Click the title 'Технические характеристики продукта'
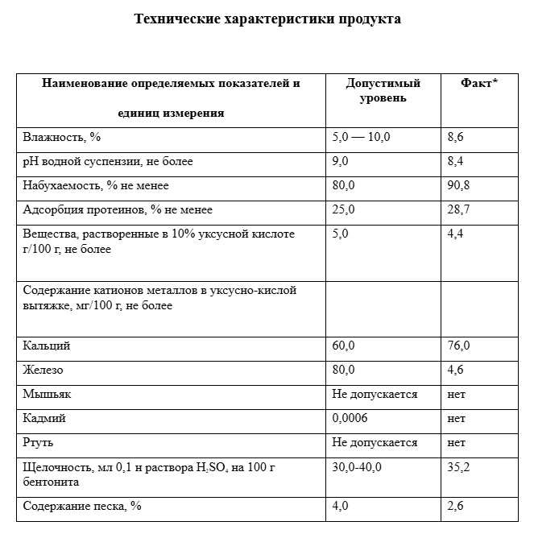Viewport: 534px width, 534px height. coord(267,19)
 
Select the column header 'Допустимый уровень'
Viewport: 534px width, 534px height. coord(383,90)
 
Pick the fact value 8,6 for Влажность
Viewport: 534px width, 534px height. coord(456,137)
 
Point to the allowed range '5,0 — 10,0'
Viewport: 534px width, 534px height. coord(361,137)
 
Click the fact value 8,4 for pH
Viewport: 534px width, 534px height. coord(456,161)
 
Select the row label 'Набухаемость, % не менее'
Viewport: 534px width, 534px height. coord(85,185)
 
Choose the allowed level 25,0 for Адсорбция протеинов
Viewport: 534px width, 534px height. coord(343,209)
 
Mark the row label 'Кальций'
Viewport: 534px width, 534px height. coord(47,346)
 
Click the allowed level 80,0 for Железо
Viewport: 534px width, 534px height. coord(343,370)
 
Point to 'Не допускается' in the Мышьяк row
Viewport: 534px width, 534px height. coord(375,394)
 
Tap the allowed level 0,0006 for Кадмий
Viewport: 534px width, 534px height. coord(349,418)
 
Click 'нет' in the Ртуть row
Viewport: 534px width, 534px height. coord(456,442)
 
